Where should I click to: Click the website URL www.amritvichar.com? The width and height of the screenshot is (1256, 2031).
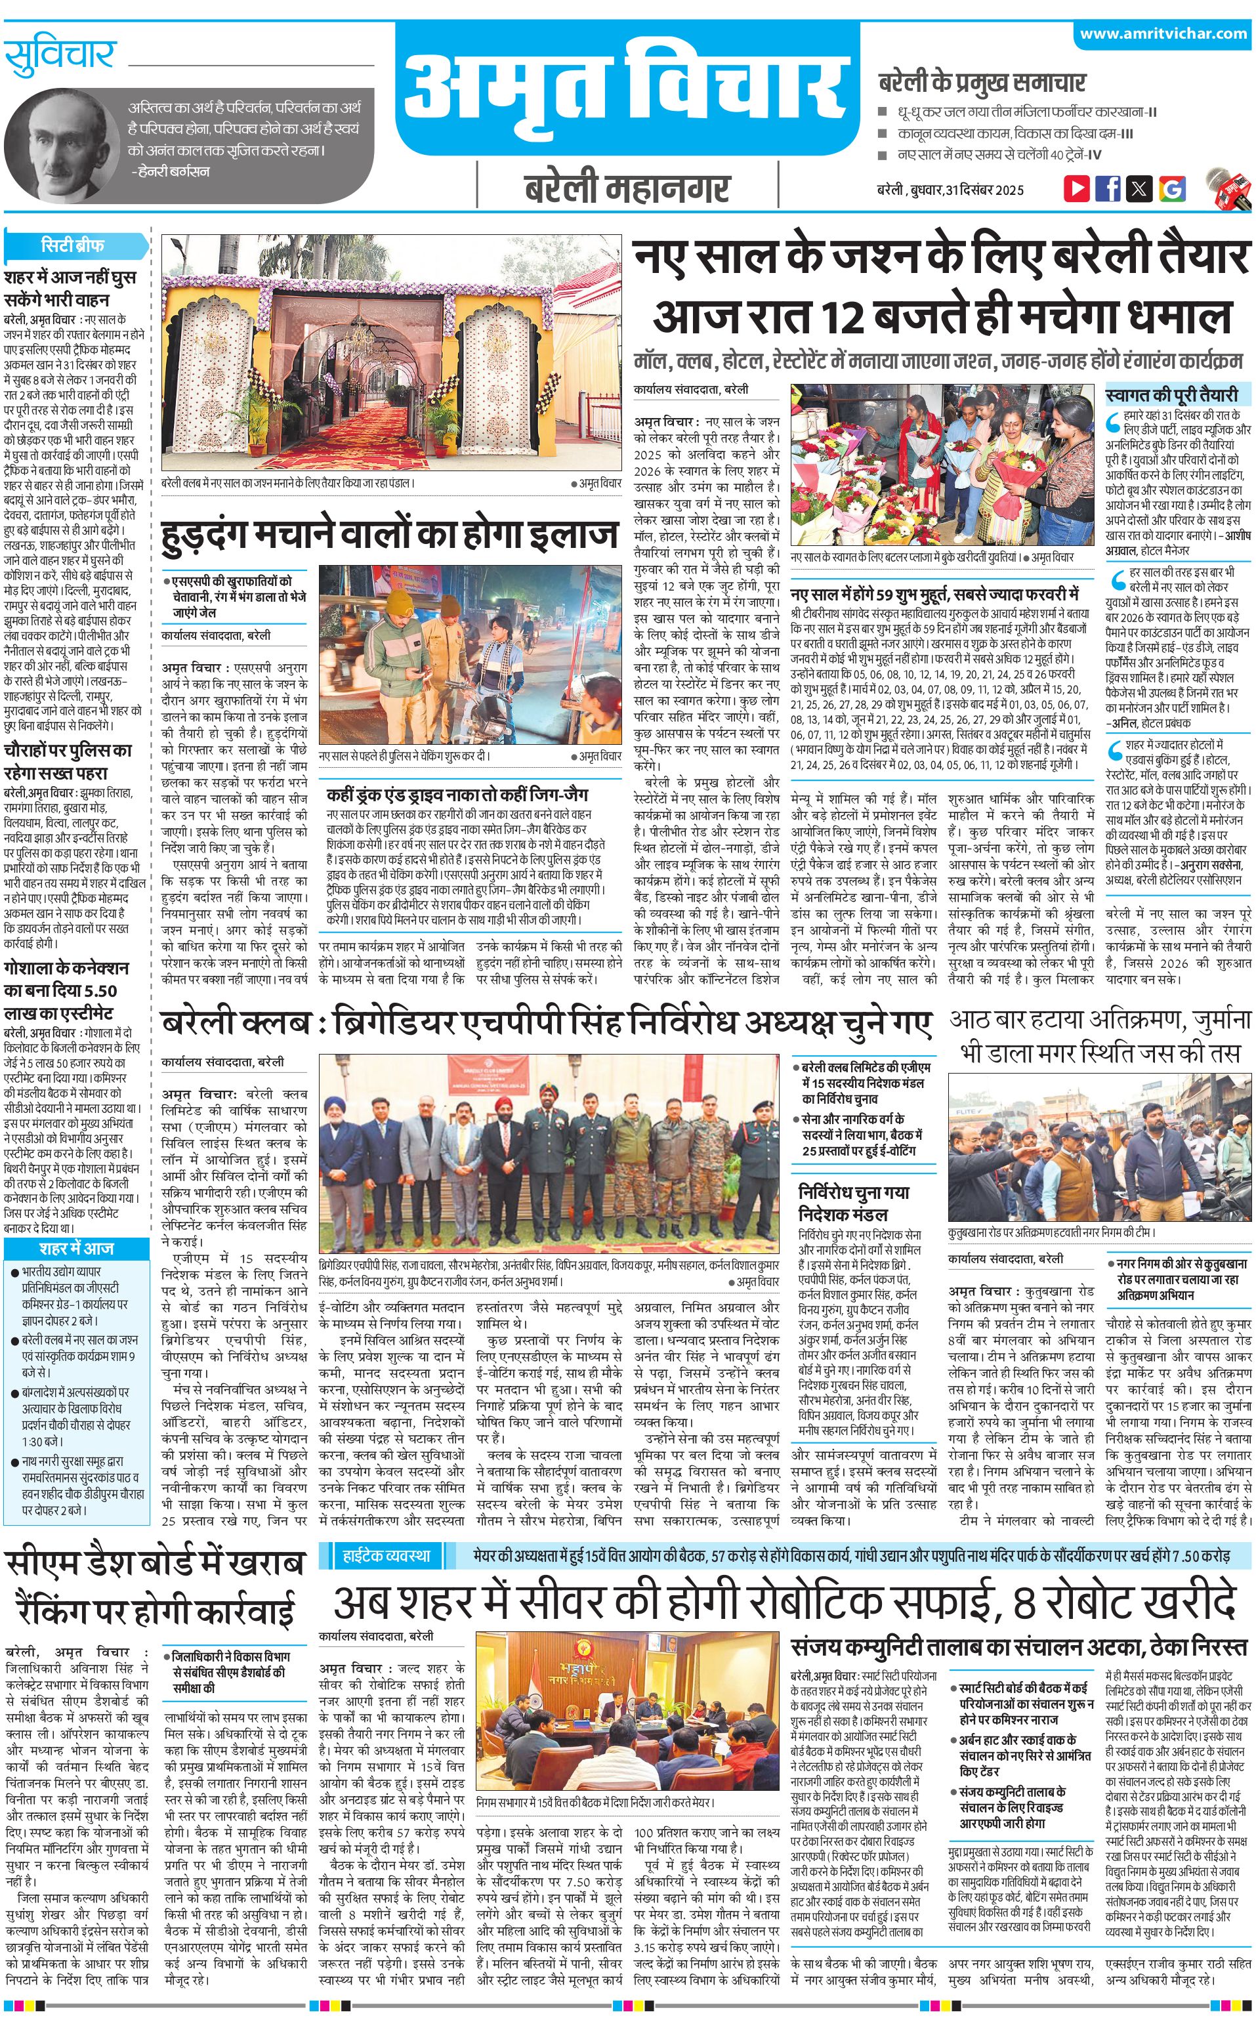[x=1163, y=34]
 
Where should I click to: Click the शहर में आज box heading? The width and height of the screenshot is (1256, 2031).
[x=76, y=1249]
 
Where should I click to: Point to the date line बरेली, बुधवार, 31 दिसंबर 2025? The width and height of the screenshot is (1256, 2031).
[x=950, y=190]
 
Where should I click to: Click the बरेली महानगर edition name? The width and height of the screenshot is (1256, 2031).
[x=627, y=188]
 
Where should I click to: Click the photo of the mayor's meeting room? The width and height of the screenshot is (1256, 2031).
[x=627, y=1700]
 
